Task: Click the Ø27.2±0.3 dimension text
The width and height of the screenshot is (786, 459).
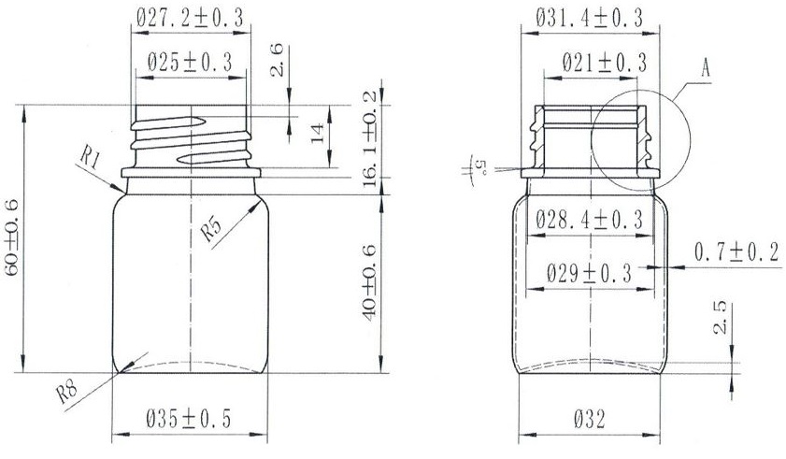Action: [190, 18]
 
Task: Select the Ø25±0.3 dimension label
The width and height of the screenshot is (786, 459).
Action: [190, 64]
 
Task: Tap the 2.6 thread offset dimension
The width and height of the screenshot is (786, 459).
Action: [277, 60]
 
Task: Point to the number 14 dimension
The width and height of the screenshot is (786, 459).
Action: [318, 134]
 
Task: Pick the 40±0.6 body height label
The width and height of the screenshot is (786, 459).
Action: [369, 282]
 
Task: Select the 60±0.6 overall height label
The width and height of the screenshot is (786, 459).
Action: [11, 237]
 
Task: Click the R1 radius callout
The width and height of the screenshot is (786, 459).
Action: [91, 161]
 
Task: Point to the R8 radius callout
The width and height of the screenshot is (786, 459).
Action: [66, 393]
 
